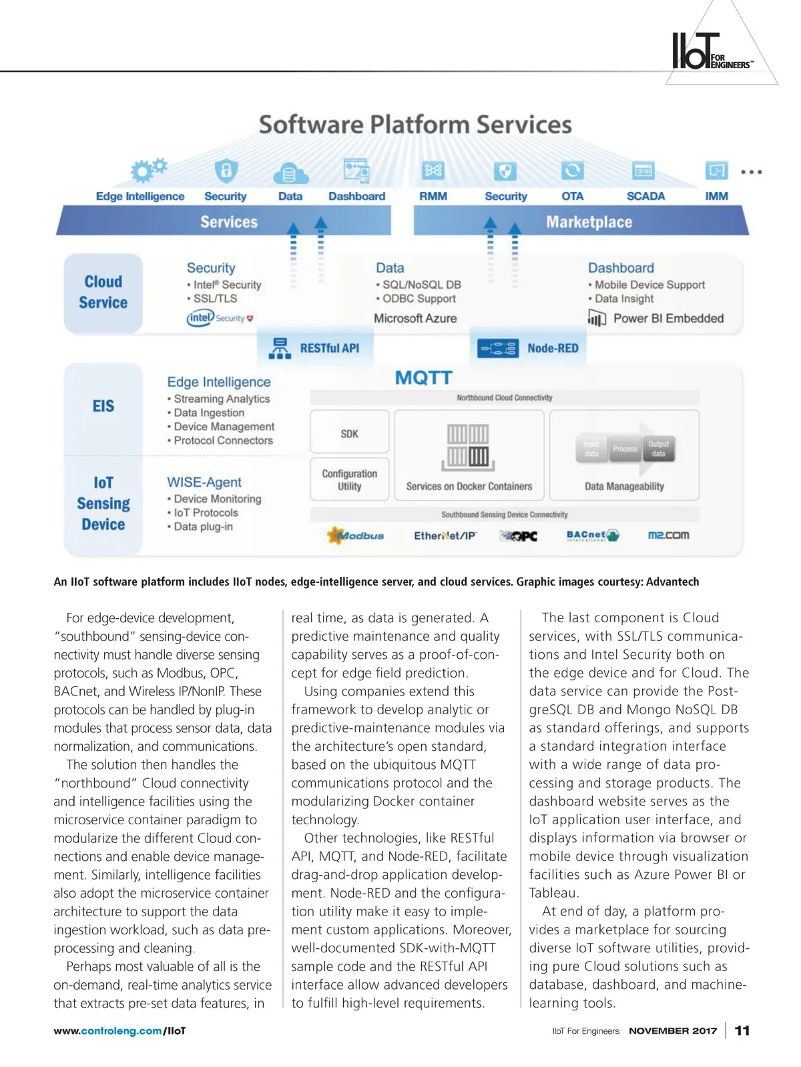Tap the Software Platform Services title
[x=415, y=125]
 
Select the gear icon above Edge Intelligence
[x=148, y=170]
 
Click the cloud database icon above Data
[x=290, y=173]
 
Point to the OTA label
[x=572, y=196]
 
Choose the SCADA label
[x=645, y=196]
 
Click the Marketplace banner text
[x=589, y=222]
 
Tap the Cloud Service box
[x=103, y=293]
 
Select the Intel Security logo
[x=220, y=318]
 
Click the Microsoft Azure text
[x=415, y=318]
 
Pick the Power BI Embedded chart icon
[x=597, y=318]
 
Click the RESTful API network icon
[x=280, y=348]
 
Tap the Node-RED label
[x=553, y=348]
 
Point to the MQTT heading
[x=424, y=378]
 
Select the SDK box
[x=350, y=433]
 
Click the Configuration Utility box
[x=350, y=479]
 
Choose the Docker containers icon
[x=468, y=445]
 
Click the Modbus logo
[x=356, y=535]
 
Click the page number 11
[x=742, y=1030]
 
